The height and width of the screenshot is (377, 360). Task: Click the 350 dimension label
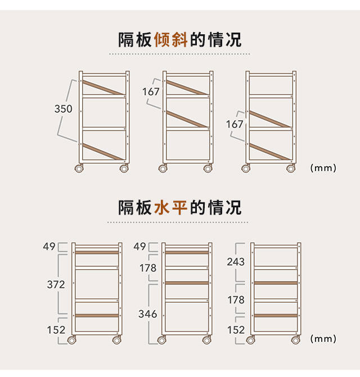pyautogui.click(x=64, y=109)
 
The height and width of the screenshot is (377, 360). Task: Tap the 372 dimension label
pyautogui.click(x=56, y=285)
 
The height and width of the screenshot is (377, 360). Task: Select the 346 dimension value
pyautogui.click(x=148, y=314)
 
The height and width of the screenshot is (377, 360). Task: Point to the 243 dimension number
pyautogui.click(x=236, y=261)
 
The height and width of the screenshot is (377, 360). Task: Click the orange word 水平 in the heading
pyautogui.click(x=171, y=207)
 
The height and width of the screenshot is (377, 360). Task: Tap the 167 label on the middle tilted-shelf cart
pyautogui.click(x=151, y=92)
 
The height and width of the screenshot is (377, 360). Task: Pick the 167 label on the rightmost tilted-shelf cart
pyautogui.click(x=235, y=124)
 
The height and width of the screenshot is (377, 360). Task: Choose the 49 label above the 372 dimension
pyautogui.click(x=49, y=247)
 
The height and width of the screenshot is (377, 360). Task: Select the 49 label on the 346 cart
pyautogui.click(x=140, y=247)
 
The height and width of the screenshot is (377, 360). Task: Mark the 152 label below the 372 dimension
pyautogui.click(x=56, y=330)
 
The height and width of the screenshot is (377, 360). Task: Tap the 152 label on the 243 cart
pyautogui.click(x=236, y=330)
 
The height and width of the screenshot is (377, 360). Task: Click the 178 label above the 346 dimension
pyautogui.click(x=148, y=269)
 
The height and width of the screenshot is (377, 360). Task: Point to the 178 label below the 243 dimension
pyautogui.click(x=236, y=301)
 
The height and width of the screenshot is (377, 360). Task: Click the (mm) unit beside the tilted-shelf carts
pyautogui.click(x=323, y=167)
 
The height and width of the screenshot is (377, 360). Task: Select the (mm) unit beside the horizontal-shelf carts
pyautogui.click(x=323, y=339)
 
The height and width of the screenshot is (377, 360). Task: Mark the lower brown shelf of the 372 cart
pyautogui.click(x=96, y=316)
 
